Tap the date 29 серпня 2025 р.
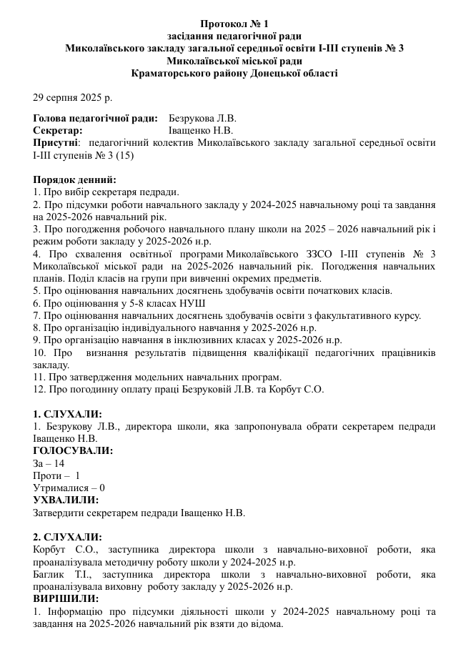[x=73, y=97]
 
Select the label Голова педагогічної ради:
[x=96, y=118]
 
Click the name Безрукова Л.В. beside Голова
[x=202, y=118]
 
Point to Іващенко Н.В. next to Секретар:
[x=201, y=130]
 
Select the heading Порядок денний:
[x=74, y=179]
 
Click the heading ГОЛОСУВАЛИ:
[x=73, y=451]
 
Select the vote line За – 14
[x=49, y=463]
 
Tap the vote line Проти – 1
[x=56, y=475]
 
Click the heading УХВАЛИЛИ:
[x=66, y=500]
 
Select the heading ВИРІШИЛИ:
[x=66, y=598]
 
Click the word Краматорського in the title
[x=177, y=73]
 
